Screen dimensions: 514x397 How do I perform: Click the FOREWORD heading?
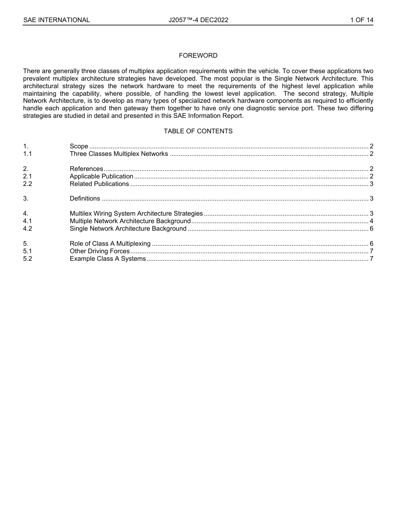[x=198, y=56]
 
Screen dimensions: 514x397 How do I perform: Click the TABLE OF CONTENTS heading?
[x=198, y=131]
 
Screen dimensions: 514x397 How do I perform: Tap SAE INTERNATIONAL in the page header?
[x=56, y=20]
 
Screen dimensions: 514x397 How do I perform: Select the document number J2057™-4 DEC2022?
[x=198, y=20]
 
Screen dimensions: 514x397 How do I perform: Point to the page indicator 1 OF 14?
[x=361, y=20]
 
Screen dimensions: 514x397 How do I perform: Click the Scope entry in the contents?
[x=79, y=146]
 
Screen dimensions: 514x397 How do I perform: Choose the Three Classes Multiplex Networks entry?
[x=119, y=154]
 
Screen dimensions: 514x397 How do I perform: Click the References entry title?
[x=86, y=169]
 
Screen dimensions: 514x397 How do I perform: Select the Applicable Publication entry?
[x=101, y=176]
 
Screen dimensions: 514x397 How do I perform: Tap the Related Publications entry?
[x=99, y=184]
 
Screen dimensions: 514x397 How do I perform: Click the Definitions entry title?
[x=85, y=198]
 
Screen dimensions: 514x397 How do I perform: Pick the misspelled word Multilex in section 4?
[x=81, y=214]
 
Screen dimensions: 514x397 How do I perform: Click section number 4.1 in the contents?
[x=28, y=221]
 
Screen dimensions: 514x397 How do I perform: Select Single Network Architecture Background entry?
[x=128, y=229]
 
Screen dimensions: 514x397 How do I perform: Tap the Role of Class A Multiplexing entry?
[x=110, y=244]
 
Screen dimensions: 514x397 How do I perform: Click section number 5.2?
[x=28, y=259]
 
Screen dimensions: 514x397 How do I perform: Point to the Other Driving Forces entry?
[x=99, y=251]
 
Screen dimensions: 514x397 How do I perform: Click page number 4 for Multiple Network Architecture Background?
[x=371, y=221]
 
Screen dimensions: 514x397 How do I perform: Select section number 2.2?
[x=28, y=184]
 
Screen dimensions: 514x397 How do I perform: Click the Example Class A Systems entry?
[x=108, y=259]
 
